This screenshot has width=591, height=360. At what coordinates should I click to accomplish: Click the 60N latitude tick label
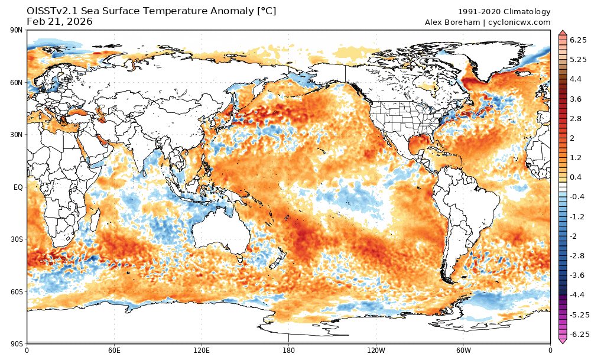click(x=16, y=83)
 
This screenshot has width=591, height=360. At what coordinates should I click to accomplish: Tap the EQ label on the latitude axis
click(x=18, y=187)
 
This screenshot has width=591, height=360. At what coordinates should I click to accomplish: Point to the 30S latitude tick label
click(x=17, y=239)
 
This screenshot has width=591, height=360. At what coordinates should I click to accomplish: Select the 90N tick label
click(x=16, y=31)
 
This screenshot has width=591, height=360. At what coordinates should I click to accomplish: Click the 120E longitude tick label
click(x=201, y=350)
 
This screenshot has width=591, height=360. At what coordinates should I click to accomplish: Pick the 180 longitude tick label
click(x=288, y=350)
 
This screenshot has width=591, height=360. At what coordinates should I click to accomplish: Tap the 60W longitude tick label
click(x=463, y=350)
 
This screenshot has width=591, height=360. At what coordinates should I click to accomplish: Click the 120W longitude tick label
click(x=375, y=350)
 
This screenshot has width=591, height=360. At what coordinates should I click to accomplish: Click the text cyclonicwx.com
click(x=519, y=22)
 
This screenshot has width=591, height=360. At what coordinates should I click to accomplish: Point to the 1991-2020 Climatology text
click(x=504, y=12)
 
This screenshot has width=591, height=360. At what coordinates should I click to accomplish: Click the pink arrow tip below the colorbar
click(x=563, y=341)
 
